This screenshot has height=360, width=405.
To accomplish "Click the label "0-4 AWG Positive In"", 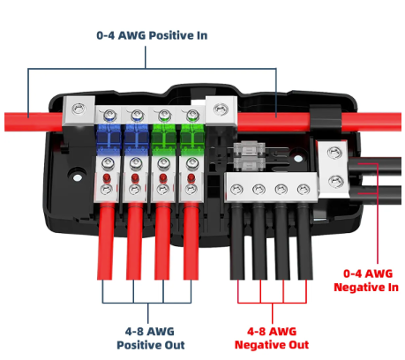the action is click(152, 35).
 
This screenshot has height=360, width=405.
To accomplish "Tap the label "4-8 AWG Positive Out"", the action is click(151, 338).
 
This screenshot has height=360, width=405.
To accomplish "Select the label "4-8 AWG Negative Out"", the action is click(272, 338).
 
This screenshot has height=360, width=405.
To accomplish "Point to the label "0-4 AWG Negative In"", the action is click(366, 281).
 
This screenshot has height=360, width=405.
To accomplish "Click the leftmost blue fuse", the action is click(109, 139).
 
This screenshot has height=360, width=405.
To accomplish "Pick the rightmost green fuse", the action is click(191, 139).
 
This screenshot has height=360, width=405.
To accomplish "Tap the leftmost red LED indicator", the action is click(107, 177).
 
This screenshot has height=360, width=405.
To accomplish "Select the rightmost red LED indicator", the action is click(191, 177).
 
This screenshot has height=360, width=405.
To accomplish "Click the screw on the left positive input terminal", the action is click(79, 109).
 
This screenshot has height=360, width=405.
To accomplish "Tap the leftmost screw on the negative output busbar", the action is click(236, 189).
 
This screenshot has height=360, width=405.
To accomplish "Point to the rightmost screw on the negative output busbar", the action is click(304, 189).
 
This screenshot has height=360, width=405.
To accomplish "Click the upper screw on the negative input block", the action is click(334, 153).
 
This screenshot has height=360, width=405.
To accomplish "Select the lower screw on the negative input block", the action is click(336, 181).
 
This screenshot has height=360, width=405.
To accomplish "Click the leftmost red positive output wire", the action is click(105, 241).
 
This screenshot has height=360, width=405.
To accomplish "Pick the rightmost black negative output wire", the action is click(305, 242).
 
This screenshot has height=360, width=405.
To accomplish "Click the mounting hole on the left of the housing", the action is click(78, 177).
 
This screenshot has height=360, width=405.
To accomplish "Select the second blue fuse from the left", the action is click(136, 139).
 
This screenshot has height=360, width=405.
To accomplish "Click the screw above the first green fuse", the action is click(164, 115).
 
